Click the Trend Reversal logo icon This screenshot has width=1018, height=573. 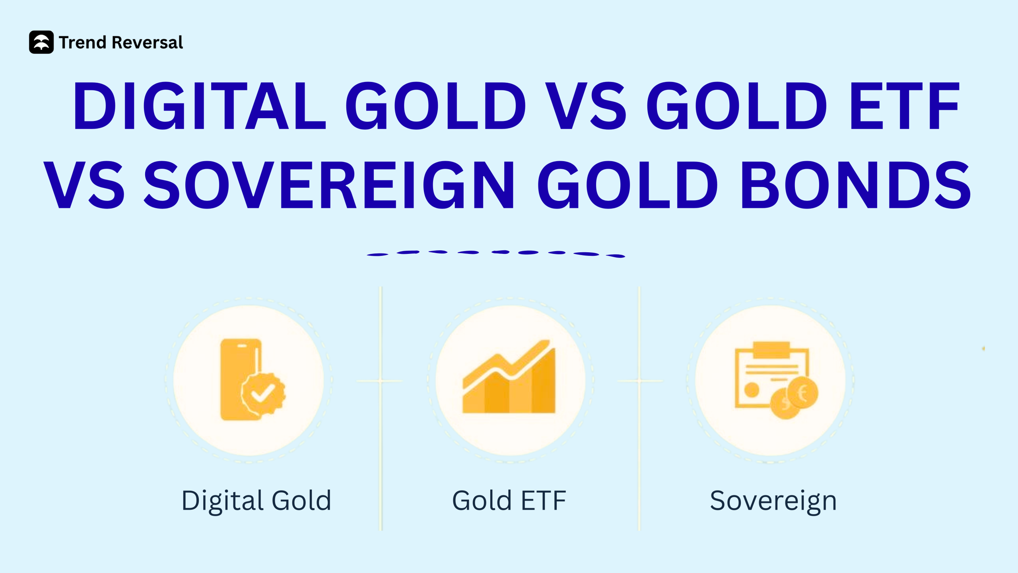(x=41, y=42)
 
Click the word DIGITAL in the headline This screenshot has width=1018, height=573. (x=199, y=106)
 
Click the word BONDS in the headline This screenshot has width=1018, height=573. (x=855, y=185)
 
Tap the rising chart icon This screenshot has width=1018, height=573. (x=509, y=378)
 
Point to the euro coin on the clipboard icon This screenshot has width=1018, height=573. (x=802, y=393)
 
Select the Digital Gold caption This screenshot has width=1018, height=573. (x=256, y=501)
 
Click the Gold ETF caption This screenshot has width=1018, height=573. (x=509, y=501)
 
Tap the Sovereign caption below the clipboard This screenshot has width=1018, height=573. (x=773, y=501)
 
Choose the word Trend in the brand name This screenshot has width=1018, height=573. (x=83, y=42)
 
